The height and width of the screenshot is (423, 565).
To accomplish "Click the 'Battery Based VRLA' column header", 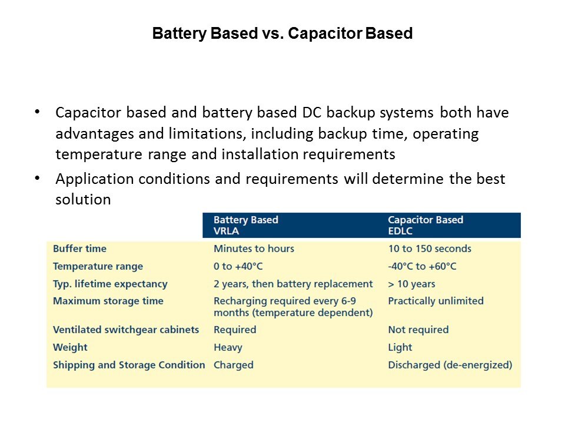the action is coord(246,225).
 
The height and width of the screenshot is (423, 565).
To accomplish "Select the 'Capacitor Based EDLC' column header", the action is coord(426,225).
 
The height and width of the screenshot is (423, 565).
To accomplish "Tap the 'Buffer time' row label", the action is coord(79,249).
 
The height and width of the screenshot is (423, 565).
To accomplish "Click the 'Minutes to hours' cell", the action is coord(254,249).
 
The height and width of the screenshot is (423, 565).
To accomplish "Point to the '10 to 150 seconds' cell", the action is coord(430,249).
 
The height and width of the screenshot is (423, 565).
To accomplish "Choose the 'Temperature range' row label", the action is coord(98,267).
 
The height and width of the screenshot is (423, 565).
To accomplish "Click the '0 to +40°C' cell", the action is coord(238,266).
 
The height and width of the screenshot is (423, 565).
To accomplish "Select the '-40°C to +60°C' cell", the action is coord(422,266).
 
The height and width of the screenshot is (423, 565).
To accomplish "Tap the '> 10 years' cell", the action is coord(411,284).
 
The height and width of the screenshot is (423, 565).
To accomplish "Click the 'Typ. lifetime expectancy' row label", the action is coord(110,284).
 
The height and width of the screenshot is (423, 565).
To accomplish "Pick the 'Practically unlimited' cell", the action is coord(436,301).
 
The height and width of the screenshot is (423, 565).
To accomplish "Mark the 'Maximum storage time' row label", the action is coord(108,301).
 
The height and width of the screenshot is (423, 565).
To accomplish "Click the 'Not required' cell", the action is coord(418,330).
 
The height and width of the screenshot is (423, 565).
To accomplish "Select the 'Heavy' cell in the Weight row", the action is coord(228,347).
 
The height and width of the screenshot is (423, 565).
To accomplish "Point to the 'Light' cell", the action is coord(400,347).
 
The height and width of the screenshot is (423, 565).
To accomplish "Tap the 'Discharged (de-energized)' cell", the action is coord(450,365).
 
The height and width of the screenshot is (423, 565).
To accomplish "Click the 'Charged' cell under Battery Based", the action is coord(234,365).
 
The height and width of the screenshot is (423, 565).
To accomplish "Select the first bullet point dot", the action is coord(37,112).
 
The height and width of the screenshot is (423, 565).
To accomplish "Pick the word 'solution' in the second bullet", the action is coord(83,199).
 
